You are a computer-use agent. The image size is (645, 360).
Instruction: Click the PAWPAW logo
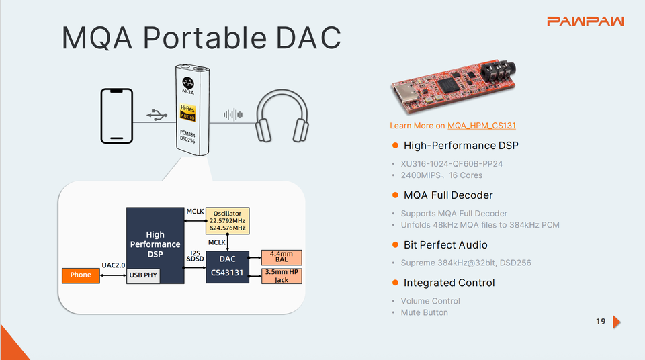tap(585, 21)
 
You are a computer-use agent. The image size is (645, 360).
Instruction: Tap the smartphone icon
tap(117, 115)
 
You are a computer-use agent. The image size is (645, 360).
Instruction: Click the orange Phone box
tap(81, 275)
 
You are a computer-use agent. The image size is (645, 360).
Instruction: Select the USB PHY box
tap(144, 275)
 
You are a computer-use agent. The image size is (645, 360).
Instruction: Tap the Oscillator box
tap(227, 221)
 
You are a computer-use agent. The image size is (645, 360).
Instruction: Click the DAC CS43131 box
tap(227, 267)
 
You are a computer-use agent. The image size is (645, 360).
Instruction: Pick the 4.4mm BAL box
tap(282, 257)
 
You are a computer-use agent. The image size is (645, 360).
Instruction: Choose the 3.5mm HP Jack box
tap(282, 275)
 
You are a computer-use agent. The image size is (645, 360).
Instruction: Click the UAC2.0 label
tap(114, 265)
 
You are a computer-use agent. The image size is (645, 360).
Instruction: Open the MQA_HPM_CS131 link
tap(482, 126)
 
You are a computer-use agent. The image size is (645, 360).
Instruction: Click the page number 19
tap(601, 322)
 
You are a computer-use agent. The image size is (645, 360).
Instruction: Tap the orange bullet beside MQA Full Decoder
tap(396, 195)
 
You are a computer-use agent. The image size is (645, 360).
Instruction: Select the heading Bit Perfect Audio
tap(445, 245)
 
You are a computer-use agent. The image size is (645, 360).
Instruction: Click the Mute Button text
tap(424, 312)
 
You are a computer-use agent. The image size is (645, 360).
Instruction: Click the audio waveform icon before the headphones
tap(233, 115)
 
